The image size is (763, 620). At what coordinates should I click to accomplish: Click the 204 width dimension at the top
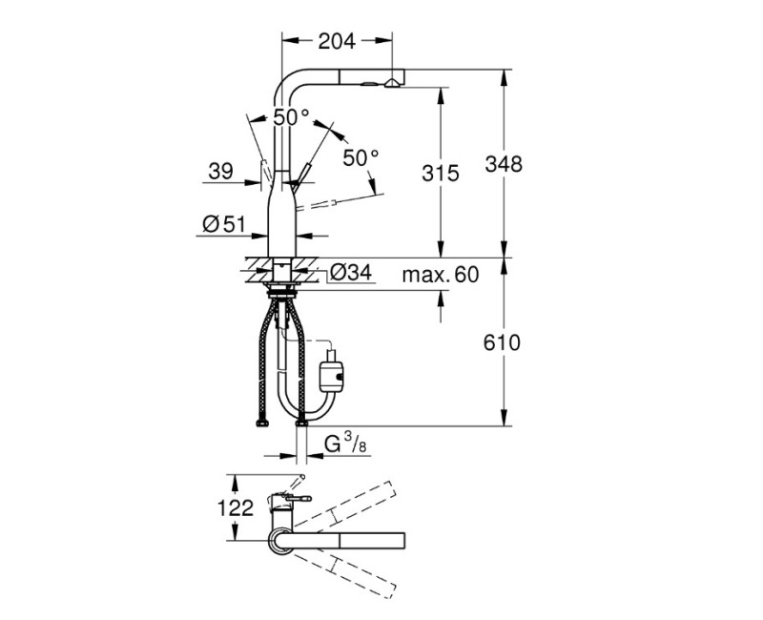pos(337,42)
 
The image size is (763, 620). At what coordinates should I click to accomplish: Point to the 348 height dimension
pos(504,164)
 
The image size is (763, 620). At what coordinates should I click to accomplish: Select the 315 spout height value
pos(441,173)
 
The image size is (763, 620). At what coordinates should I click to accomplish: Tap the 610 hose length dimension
pos(502,343)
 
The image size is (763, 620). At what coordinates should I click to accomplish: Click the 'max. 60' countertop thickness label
pos(441,275)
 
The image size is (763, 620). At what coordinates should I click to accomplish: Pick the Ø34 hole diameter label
pos(351,272)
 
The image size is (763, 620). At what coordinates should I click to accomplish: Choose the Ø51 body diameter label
pos(223,224)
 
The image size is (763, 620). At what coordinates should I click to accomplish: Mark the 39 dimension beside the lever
pos(221,171)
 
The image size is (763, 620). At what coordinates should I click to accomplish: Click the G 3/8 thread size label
pos(345,444)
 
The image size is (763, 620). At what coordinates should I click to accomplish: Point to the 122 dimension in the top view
pos(236,508)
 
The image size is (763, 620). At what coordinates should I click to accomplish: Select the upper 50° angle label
pos(291,117)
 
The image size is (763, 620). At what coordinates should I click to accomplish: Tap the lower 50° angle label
pos(361,157)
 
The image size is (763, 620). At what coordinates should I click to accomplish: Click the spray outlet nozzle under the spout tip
pos(391,84)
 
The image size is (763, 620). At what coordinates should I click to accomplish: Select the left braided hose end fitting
pos(262,424)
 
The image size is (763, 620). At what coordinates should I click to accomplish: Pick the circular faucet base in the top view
pos(281,541)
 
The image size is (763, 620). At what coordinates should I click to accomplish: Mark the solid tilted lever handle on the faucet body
pos(301,176)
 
